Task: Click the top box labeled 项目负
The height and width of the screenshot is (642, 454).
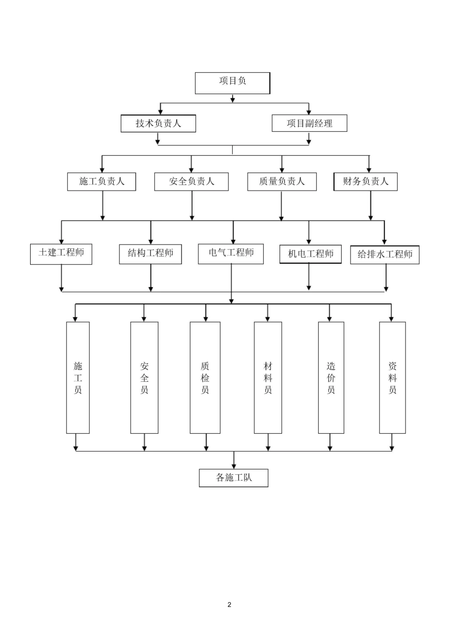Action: point(232,83)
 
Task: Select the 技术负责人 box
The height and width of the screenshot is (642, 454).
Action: point(158,124)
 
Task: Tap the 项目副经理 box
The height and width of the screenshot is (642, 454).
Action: point(310,123)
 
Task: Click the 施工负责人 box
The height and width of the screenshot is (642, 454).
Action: point(101,182)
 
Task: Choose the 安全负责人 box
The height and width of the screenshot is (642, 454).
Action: point(191,182)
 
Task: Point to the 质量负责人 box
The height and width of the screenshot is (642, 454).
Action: point(282,182)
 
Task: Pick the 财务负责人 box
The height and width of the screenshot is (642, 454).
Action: point(366,182)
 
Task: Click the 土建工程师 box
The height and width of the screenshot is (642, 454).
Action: point(61,254)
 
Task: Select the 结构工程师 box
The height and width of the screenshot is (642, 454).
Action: point(150,254)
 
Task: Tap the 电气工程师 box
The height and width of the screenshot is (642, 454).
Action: point(231,254)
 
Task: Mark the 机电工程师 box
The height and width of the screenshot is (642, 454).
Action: point(311,254)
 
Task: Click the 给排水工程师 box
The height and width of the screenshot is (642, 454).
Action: point(385,255)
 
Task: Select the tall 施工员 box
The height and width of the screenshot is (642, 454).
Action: point(78,377)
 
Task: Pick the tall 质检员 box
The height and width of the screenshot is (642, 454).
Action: point(205,377)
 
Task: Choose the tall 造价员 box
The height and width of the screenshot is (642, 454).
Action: point(331,377)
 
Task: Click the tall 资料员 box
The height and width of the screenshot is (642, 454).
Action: point(392,377)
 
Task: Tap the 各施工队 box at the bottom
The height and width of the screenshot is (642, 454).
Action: point(234,478)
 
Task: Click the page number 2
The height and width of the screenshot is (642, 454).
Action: point(229,605)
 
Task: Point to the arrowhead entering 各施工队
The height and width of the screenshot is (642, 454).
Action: point(234,467)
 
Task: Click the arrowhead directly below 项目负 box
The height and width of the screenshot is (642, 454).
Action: point(233,100)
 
